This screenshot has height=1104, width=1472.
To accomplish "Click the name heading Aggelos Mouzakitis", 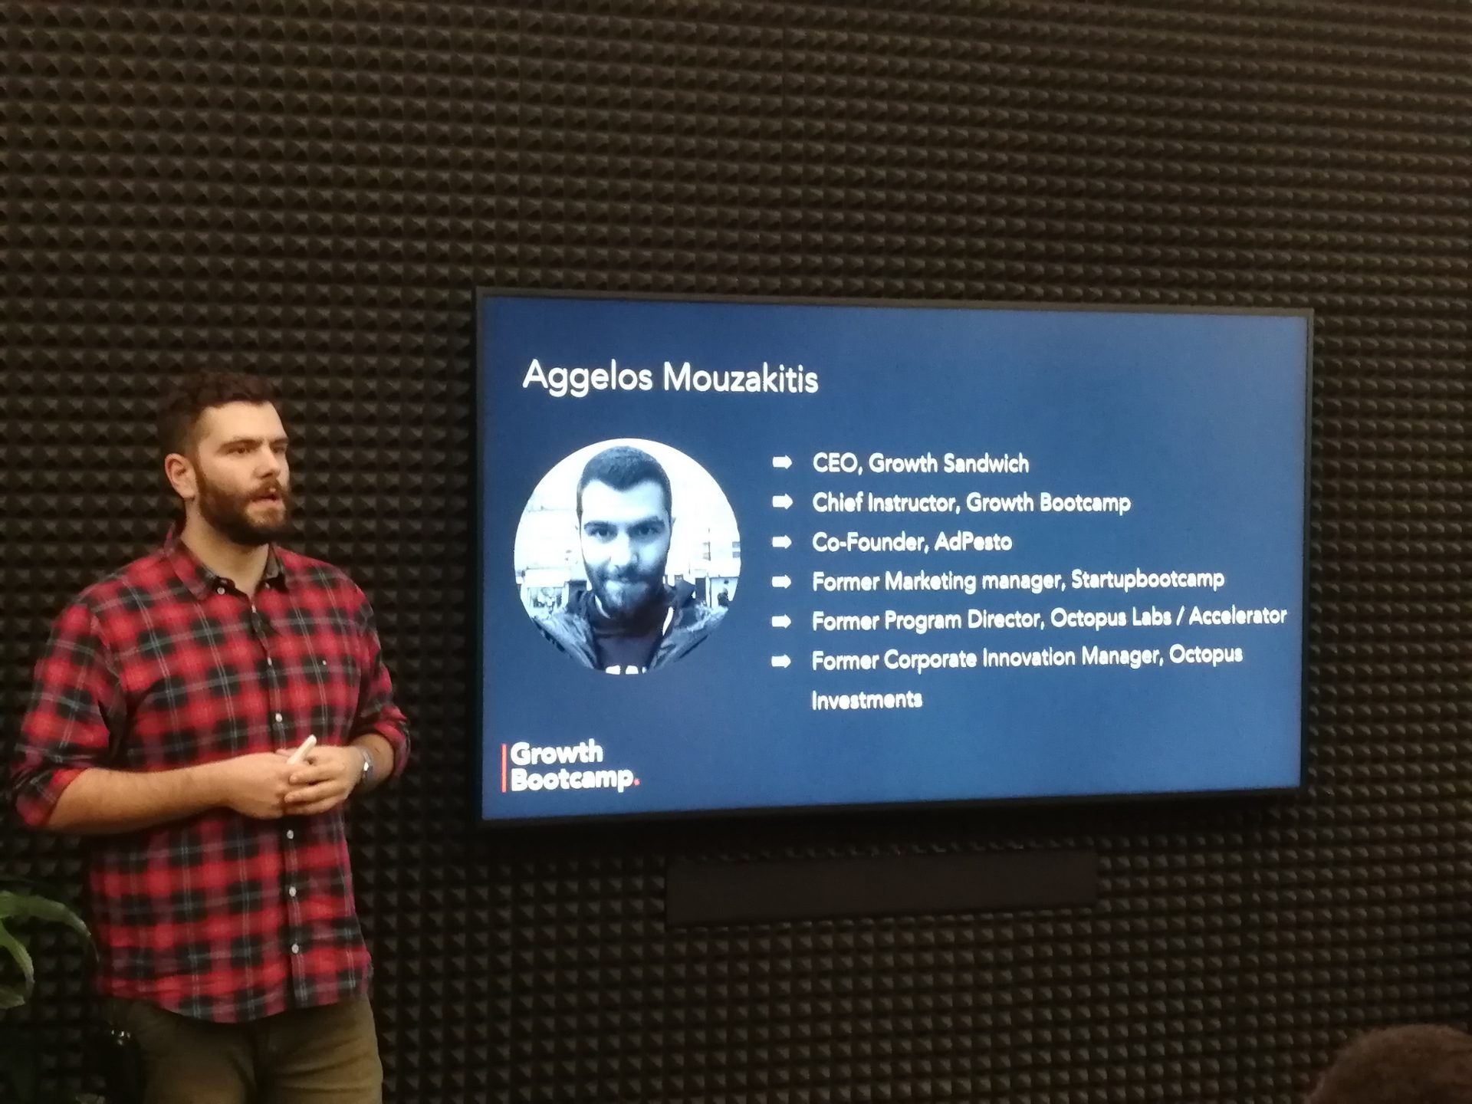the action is pos(670,378).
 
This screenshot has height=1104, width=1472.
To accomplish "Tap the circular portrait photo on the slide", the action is pos(627,556).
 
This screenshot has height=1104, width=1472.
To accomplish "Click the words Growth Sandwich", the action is pos(948,463).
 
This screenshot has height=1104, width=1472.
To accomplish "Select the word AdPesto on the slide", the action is pos(973,542).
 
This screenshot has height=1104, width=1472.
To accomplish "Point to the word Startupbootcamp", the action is pos(1147,579).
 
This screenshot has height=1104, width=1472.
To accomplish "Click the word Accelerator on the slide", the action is pos(1237,616).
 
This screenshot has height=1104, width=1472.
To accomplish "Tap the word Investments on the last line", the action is pos(866,699).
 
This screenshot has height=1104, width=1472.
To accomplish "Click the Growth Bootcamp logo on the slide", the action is pos(570,766).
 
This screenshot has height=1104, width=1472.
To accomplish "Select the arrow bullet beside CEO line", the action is pos(782,462).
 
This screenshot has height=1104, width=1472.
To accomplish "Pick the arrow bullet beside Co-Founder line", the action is pos(782,542).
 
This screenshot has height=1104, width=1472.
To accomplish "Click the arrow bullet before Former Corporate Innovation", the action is pos(781,661).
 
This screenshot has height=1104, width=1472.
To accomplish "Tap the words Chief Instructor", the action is pos(886,503).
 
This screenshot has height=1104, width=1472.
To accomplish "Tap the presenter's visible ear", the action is pos(178,478).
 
